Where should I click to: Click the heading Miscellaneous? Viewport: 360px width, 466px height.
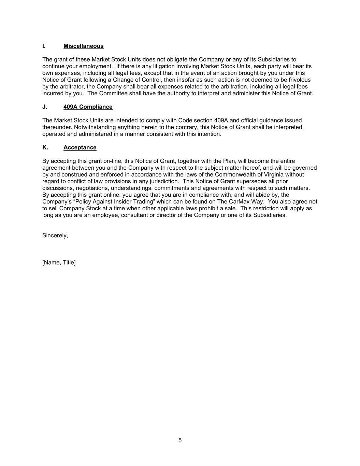83,46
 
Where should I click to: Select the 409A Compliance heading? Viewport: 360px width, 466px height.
88,107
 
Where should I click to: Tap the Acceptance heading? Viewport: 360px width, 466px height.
80,147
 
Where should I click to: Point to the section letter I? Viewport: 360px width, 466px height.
44,46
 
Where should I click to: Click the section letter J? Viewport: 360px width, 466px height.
45,107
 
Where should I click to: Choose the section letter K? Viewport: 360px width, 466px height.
45,147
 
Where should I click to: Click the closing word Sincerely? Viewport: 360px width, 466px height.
55,236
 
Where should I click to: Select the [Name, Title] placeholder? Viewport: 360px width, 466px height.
59,263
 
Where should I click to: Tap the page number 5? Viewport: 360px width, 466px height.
180,440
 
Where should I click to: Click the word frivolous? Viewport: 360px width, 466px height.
298,80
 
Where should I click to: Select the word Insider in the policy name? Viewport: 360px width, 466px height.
125,202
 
